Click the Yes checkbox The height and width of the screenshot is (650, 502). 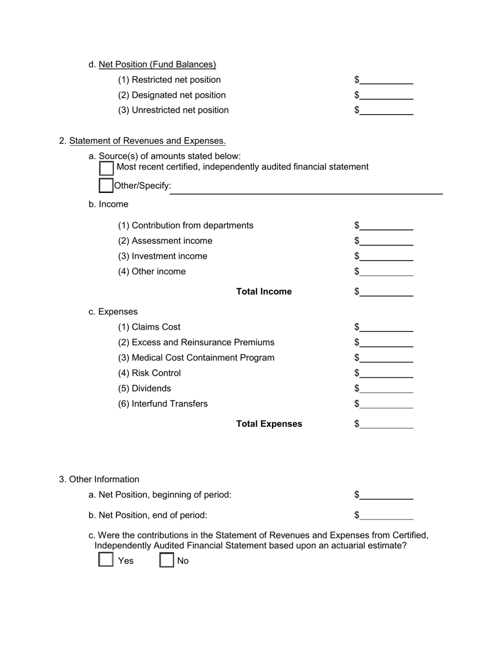pyautogui.click(x=106, y=560)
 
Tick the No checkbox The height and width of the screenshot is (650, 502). pyautogui.click(x=167, y=560)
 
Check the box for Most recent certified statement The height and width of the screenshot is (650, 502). pyautogui.click(x=106, y=168)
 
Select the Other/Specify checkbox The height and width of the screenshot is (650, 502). pyautogui.click(x=106, y=185)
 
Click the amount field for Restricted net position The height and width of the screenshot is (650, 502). pyautogui.click(x=386, y=80)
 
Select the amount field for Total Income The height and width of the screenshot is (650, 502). pyautogui.click(x=386, y=292)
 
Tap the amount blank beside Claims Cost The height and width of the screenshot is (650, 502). pyautogui.click(x=386, y=327)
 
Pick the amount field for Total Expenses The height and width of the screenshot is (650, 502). pyautogui.click(x=386, y=424)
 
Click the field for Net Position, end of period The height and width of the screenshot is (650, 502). pyautogui.click(x=386, y=515)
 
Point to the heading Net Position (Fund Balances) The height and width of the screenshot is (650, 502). pyautogui.click(x=157, y=64)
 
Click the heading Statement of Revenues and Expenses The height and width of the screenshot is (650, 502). pyautogui.click(x=147, y=141)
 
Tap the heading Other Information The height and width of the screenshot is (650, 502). pyautogui.click(x=104, y=479)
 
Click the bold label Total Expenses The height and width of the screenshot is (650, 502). pyautogui.click(x=269, y=424)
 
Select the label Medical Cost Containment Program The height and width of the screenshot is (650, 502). pyautogui.click(x=196, y=358)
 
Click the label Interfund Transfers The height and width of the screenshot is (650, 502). pyautogui.click(x=163, y=404)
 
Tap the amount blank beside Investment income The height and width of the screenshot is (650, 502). pyautogui.click(x=386, y=256)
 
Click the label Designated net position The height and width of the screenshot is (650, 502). pyautogui.click(x=172, y=95)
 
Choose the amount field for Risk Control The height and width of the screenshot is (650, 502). pyautogui.click(x=386, y=373)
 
